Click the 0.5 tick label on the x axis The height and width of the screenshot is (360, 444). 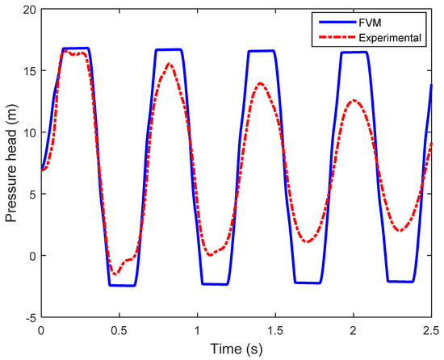pyautogui.click(x=119, y=331)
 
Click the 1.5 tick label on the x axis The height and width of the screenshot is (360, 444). pyautogui.click(x=275, y=331)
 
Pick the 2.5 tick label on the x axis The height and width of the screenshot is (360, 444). pyautogui.click(x=431, y=331)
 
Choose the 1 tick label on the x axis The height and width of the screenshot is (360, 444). pyautogui.click(x=197, y=331)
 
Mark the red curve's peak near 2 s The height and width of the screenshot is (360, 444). pyautogui.click(x=354, y=100)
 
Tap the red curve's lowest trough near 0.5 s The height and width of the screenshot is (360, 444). pyautogui.click(x=115, y=274)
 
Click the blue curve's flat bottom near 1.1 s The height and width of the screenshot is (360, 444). pyautogui.click(x=215, y=284)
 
